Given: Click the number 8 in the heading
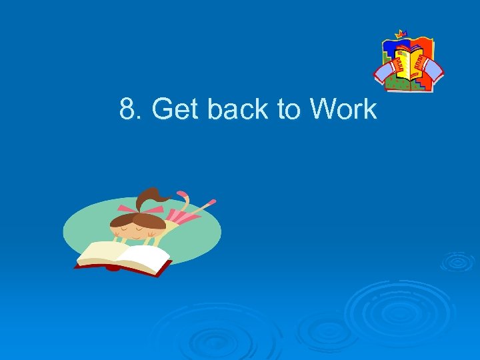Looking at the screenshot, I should [127, 109].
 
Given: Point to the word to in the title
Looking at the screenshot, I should [288, 109].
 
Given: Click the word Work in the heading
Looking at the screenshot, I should [343, 109].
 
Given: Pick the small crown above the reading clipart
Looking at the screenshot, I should [401, 33].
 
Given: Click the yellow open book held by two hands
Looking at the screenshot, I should [408, 61].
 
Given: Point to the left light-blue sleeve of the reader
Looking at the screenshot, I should [383, 71].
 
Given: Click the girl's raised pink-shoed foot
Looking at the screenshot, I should [211, 201].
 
